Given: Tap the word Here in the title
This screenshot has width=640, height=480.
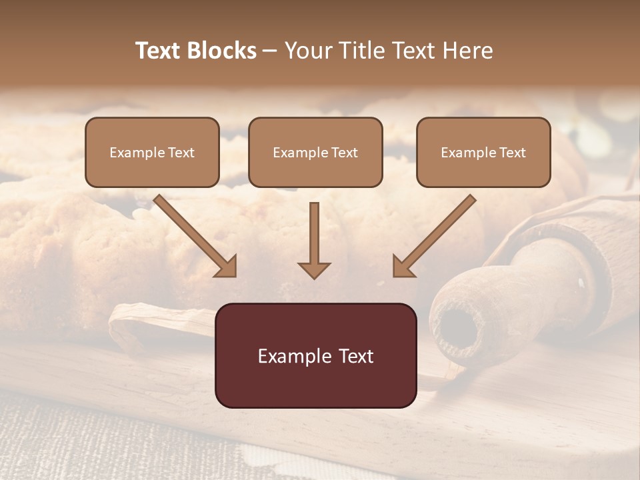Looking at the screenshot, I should click(x=467, y=51).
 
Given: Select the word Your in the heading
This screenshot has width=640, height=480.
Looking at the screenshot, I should click(x=308, y=51).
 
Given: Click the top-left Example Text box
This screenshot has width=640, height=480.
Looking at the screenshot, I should click(x=152, y=152).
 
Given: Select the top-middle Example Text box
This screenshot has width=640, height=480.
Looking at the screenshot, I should click(x=315, y=152).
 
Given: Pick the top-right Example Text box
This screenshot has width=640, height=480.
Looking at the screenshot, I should click(x=483, y=152).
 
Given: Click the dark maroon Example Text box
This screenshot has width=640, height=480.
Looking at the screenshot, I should click(x=315, y=355).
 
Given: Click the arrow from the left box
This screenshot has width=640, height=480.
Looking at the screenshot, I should click(x=193, y=233).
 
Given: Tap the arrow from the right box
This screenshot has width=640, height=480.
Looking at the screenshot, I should click(x=437, y=233).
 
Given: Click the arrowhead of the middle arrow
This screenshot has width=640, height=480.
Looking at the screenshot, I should click(x=315, y=269).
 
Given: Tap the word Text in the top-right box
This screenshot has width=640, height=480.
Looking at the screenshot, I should click(x=512, y=153).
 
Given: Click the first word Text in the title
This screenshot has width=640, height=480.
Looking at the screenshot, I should click(x=159, y=51).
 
